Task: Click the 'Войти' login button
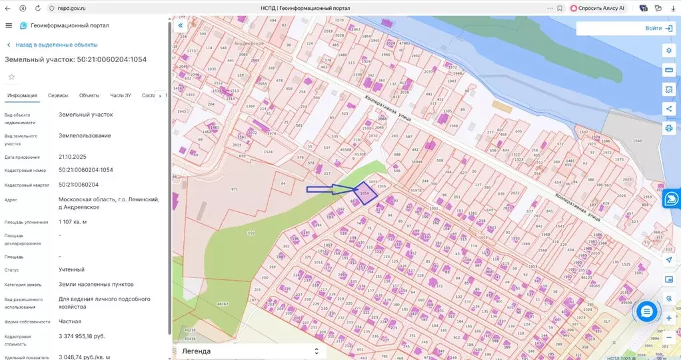pyautogui.click(x=658, y=29)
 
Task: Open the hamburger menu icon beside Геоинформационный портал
pyautogui.click(x=9, y=25)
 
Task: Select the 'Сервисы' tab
pyautogui.click(x=58, y=95)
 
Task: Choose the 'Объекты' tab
pyautogui.click(x=89, y=95)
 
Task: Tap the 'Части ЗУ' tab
pyautogui.click(x=121, y=95)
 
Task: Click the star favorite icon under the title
pyautogui.click(x=11, y=77)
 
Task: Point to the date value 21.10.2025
pyautogui.click(x=73, y=157)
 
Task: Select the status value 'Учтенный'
pyautogui.click(x=71, y=270)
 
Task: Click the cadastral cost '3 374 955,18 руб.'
pyautogui.click(x=82, y=336)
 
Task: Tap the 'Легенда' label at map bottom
pyautogui.click(x=196, y=351)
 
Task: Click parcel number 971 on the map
pyautogui.click(x=235, y=189)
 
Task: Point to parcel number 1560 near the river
pyautogui.click(x=636, y=141)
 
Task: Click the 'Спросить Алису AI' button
pyautogui.click(x=597, y=8)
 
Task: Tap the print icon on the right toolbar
pyautogui.click(x=668, y=127)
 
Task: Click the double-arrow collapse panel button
pyautogui.click(x=180, y=25)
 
